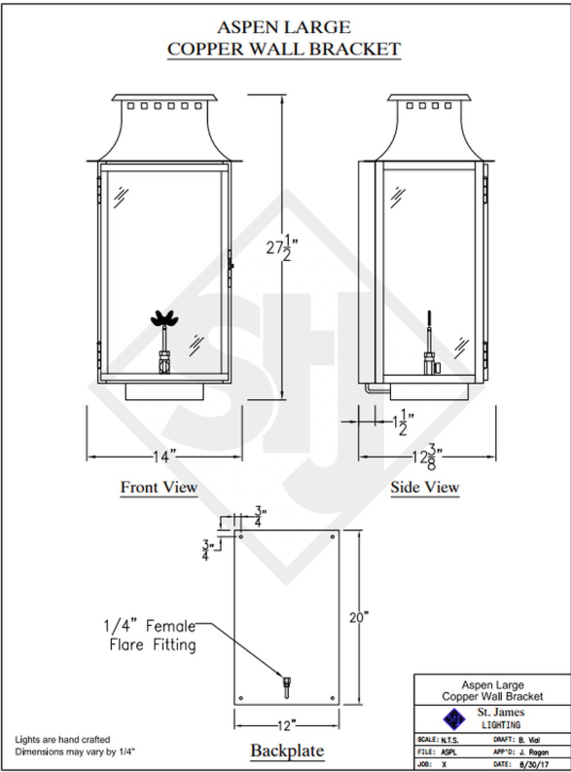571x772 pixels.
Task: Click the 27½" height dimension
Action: click(283, 248)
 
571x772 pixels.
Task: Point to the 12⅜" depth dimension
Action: click(426, 457)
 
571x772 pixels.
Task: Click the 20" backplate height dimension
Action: click(360, 617)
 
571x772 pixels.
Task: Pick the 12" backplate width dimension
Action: click(286, 725)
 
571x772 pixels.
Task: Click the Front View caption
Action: click(159, 487)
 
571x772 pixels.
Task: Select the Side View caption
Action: click(425, 487)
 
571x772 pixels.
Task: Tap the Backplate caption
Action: click(287, 751)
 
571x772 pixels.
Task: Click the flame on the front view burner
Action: click(164, 318)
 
